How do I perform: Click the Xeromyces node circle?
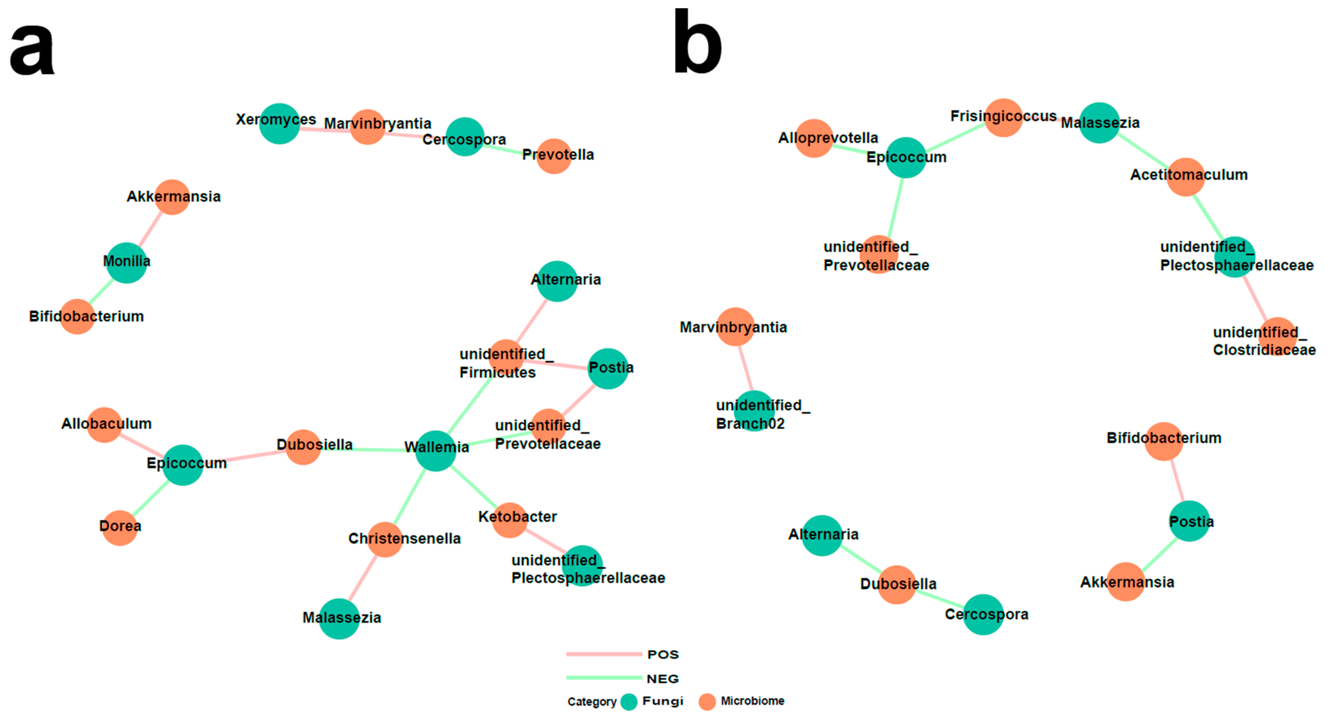[279, 124]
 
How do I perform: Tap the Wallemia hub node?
[436, 451]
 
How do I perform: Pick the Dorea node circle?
[120, 527]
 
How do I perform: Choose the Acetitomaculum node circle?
[1185, 177]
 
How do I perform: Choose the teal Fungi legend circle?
[629, 702]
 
